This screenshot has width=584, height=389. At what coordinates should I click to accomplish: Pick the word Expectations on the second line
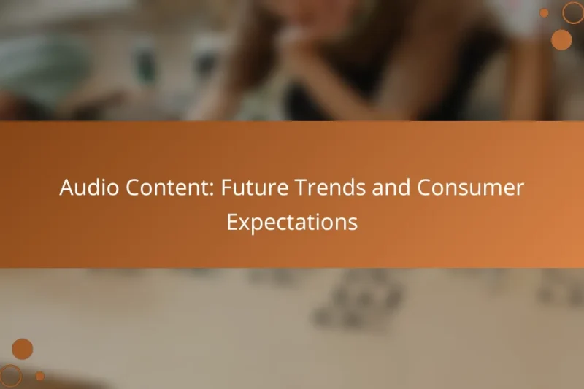click(292, 222)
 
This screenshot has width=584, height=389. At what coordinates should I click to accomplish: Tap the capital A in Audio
click(66, 188)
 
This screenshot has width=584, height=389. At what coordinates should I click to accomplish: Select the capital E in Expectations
click(231, 222)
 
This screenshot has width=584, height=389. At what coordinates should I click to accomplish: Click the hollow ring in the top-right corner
click(573, 12)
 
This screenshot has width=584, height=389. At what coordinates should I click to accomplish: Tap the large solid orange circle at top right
click(561, 39)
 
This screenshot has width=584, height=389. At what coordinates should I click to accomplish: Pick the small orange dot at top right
click(544, 12)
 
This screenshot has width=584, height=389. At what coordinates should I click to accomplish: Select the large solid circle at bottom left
click(23, 349)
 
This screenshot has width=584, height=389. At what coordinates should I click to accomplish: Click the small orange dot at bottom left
click(40, 376)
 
